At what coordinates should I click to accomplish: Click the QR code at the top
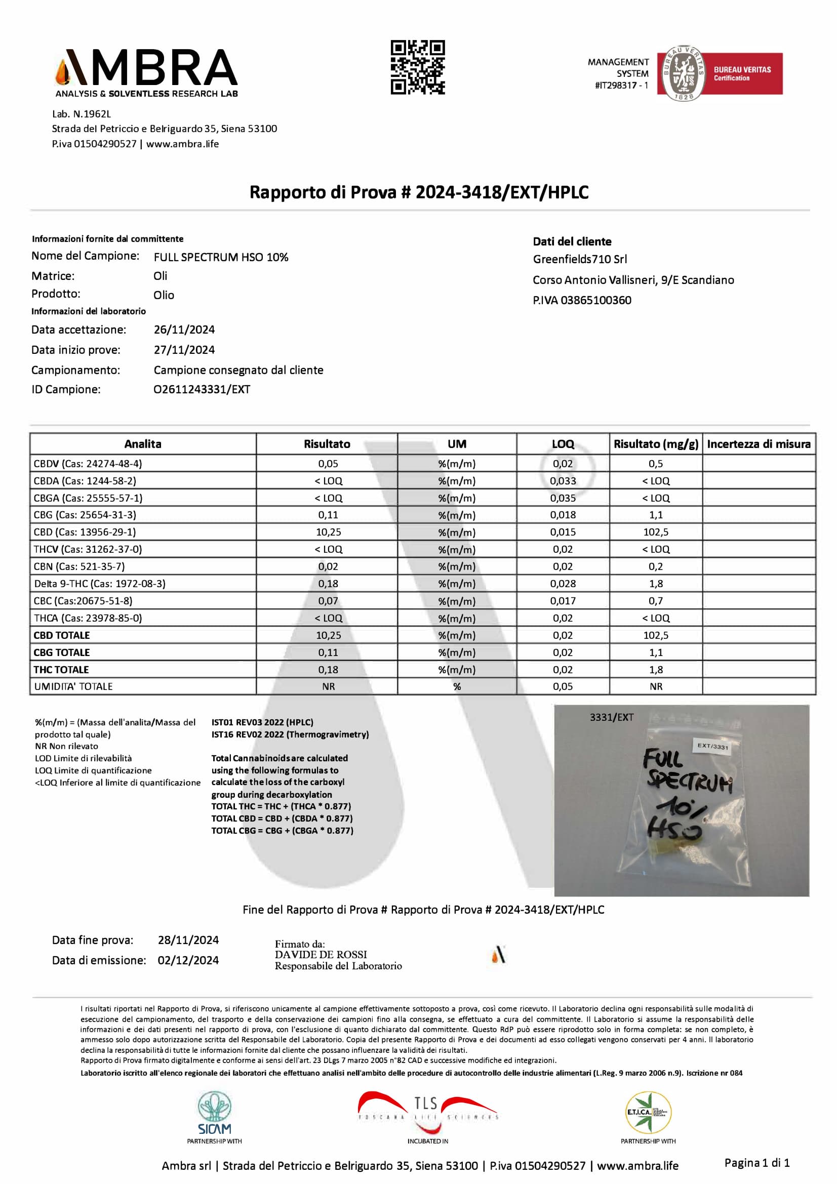click(x=417, y=67)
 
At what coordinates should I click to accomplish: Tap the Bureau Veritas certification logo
click(x=719, y=73)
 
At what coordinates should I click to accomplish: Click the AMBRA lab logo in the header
click(x=146, y=73)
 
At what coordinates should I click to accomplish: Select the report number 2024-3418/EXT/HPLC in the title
click(x=502, y=192)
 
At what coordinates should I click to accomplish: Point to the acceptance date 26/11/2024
click(x=184, y=330)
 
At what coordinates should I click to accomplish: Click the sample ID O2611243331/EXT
click(x=202, y=389)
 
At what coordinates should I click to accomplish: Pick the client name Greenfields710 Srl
click(x=580, y=259)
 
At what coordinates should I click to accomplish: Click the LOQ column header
click(x=562, y=444)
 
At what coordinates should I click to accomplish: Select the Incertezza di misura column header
click(x=758, y=444)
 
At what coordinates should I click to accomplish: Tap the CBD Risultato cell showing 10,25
click(x=328, y=532)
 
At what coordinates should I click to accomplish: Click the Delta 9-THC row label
click(x=100, y=584)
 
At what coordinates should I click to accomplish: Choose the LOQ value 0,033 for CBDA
click(x=562, y=480)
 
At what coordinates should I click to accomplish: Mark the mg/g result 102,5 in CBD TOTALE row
click(x=655, y=635)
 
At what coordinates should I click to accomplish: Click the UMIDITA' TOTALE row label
click(x=73, y=686)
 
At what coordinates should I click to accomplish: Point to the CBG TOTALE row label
click(x=61, y=652)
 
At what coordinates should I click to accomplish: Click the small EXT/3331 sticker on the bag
click(x=713, y=746)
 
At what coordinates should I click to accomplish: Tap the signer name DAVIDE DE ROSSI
click(x=321, y=955)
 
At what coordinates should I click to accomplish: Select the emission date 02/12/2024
click(x=188, y=960)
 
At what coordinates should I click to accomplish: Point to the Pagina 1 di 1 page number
click(x=756, y=1162)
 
